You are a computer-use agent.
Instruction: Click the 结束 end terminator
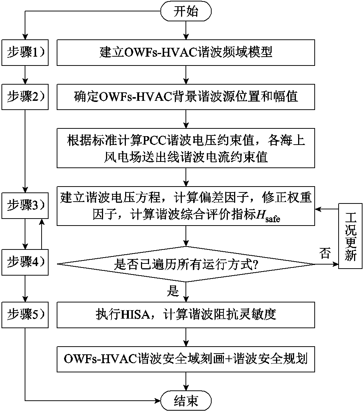186,400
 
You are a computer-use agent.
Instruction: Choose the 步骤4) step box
25,262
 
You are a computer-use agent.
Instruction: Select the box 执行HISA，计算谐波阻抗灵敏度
186,315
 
